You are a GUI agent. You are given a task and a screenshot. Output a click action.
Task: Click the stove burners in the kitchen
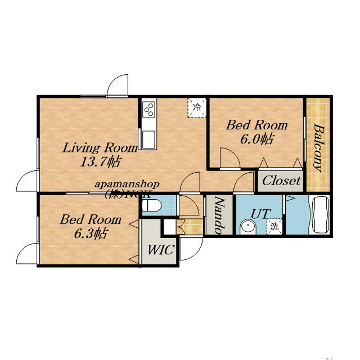point(148,110)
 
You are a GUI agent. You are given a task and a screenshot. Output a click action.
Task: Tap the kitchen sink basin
point(148,139)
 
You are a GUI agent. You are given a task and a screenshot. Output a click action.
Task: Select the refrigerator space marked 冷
point(197,107)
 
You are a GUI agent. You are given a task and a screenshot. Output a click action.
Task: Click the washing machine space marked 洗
point(274,226)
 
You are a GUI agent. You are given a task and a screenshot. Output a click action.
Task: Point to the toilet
point(151,205)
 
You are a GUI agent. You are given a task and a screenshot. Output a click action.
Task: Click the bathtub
point(319,215)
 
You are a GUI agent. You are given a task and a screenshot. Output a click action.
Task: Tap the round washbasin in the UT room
point(247,227)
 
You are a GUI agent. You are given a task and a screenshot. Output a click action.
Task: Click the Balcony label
point(319,147)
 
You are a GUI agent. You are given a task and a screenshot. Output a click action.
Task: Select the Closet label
point(281,181)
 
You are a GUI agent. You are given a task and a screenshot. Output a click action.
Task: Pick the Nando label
point(219,215)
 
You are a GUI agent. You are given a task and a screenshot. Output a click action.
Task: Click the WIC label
point(161,250)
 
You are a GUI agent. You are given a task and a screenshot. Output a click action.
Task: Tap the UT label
point(260,214)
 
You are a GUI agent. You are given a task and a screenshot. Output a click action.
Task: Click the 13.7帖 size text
point(100,161)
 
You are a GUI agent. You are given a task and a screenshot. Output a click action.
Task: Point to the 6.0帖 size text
point(257,139)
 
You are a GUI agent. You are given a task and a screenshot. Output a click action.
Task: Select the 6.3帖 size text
point(91,233)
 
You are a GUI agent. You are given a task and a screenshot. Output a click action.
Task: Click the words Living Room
point(100,148)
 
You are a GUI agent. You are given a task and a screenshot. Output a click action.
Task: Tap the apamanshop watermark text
point(127,184)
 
